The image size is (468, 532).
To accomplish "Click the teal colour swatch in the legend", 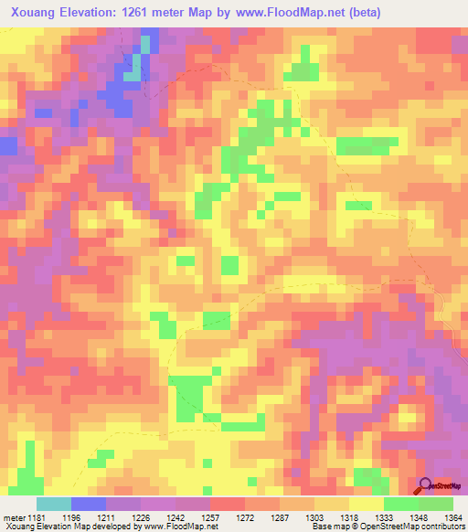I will click(54, 504).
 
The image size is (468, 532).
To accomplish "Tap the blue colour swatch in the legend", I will click(89, 504).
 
